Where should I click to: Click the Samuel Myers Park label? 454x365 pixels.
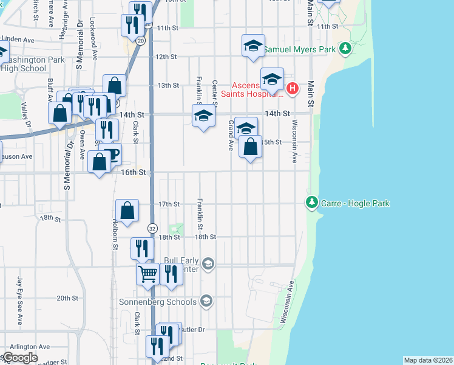click(x=302, y=48)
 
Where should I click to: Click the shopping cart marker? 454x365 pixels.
click(x=147, y=275)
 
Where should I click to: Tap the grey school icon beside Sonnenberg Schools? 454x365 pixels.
click(x=206, y=301)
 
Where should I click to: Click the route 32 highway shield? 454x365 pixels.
click(x=151, y=226)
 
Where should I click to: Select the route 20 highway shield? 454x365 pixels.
click(x=141, y=40)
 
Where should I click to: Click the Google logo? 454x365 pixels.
click(x=19, y=358)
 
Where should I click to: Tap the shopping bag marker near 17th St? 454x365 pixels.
click(x=128, y=211)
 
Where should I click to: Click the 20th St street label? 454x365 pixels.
click(x=67, y=298)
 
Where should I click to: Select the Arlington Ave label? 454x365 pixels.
click(x=29, y=346)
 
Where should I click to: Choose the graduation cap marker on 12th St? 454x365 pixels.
click(x=253, y=46)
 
